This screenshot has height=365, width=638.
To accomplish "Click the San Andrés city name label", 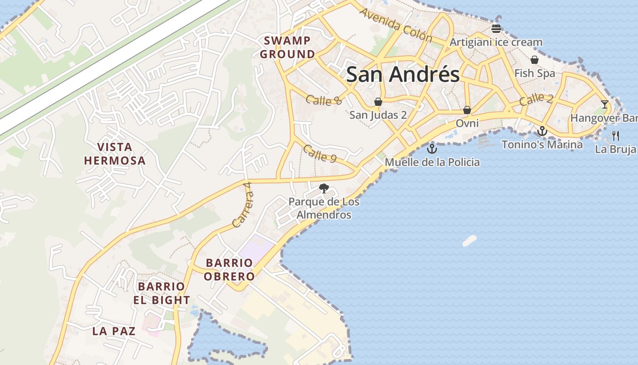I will coord(403,74).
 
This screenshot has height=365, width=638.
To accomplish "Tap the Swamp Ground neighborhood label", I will coord(287,47).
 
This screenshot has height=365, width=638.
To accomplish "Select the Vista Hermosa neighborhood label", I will coord(115,154).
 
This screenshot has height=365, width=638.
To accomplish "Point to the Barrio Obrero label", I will coord(229,270).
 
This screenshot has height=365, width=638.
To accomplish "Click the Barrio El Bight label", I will coord(162,293).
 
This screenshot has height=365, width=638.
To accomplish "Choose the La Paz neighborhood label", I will coord(114,331).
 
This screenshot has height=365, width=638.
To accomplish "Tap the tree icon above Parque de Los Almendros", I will coord(324,188).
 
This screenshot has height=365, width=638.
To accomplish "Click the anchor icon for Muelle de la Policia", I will coord(432,149).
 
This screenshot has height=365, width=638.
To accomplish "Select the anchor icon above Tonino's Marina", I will coord(542,131).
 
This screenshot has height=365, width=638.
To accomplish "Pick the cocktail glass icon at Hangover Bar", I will coord(604,104).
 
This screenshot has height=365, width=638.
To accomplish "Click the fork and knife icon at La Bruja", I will coord(616,136).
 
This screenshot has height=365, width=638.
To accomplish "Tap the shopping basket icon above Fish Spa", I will coord(535,60).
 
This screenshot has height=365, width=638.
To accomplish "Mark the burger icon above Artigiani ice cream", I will coord(496,29).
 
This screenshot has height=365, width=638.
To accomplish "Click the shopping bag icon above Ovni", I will coord(467,110).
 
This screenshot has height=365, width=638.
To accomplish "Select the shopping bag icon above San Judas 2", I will coord(378,101).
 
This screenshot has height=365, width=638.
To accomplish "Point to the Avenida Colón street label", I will coord(396,25).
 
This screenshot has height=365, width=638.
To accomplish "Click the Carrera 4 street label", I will coord(242,205).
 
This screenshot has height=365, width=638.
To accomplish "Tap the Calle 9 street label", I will coord(319,154).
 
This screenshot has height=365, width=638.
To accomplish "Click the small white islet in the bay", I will coord(469,240).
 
